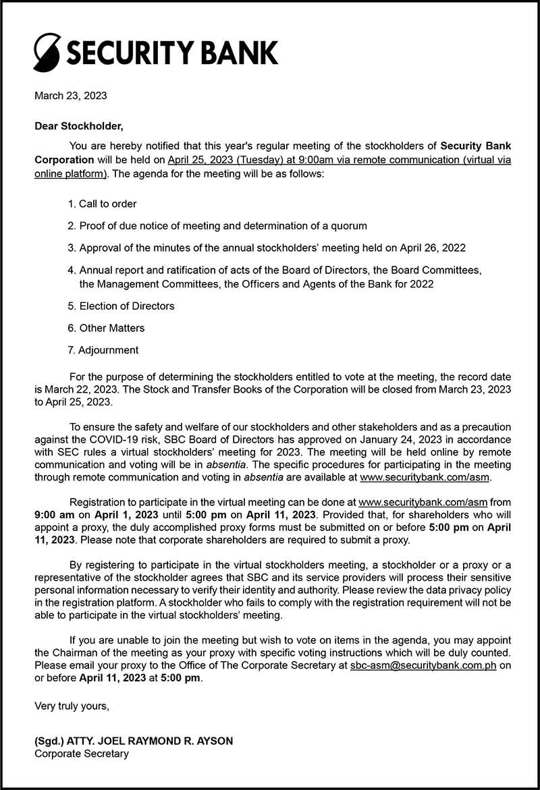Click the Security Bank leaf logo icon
[47, 51]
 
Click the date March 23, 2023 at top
[70, 96]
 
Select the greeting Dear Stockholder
[79, 126]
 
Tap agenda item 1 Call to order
[103, 204]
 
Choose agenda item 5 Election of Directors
[121, 306]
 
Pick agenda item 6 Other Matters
[106, 328]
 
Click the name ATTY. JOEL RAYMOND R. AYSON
[149, 741]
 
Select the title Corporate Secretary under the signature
[81, 753]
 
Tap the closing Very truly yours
[72, 706]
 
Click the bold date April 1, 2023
[119, 515]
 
